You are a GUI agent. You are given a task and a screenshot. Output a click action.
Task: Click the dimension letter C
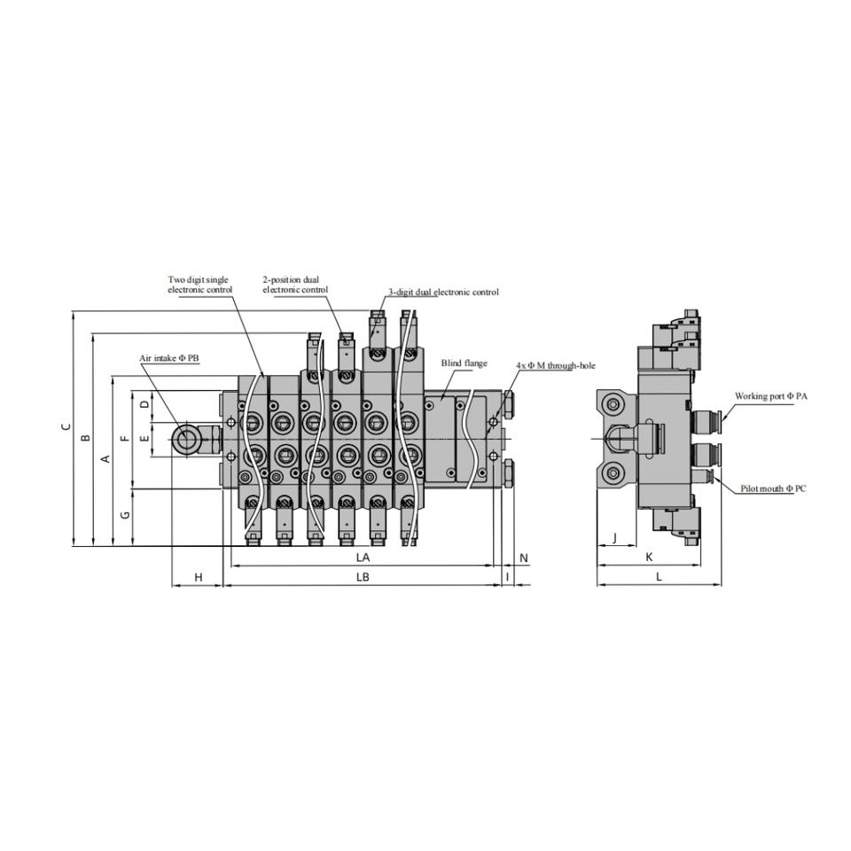[65, 427]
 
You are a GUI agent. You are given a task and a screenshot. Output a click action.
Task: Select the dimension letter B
[86, 438]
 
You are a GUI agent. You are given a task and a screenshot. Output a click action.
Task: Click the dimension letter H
[199, 577]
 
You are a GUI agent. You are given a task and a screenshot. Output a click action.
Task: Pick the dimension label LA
[363, 558]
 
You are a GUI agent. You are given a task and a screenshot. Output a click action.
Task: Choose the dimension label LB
[363, 577]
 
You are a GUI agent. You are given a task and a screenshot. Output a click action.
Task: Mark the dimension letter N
[524, 558]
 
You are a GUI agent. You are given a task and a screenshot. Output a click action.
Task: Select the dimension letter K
[649, 557]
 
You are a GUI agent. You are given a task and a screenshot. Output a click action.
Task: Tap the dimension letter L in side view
[659, 577]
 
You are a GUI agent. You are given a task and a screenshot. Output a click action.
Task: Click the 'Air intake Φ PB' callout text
[169, 358]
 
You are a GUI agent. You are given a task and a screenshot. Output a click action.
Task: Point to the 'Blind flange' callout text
[464, 363]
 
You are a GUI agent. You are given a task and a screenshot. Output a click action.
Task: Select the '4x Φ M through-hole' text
[556, 365]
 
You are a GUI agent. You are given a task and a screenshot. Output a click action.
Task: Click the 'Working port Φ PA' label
[770, 396]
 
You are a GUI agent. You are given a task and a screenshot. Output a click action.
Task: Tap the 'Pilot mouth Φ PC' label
[773, 488]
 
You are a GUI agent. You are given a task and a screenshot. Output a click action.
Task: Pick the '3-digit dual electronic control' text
[443, 292]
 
